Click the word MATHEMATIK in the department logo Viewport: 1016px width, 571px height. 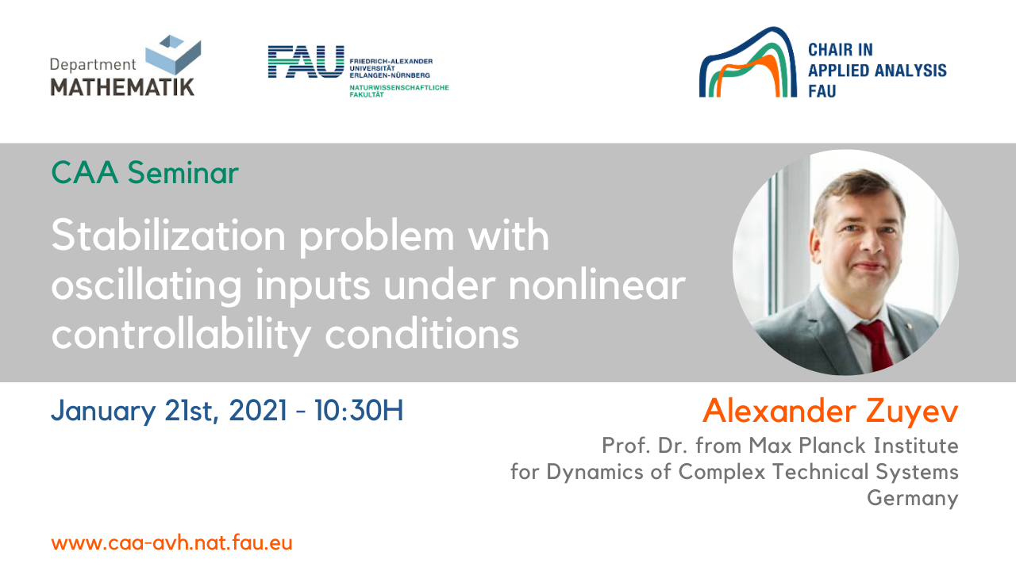122,86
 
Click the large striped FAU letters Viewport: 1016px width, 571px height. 306,62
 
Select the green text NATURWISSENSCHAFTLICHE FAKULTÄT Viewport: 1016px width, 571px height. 398,90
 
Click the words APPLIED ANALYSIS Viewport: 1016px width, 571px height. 877,71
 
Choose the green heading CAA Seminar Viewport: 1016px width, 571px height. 144,173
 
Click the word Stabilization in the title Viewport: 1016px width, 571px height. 168,235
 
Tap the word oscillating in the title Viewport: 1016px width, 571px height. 146,286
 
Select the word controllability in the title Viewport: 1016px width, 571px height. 181,335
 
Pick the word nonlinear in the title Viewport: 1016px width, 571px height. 597,285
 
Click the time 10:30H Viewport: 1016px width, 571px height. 359,411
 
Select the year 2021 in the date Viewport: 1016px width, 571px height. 258,411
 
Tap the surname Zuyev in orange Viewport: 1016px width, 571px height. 912,412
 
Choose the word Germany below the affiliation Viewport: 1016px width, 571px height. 913,499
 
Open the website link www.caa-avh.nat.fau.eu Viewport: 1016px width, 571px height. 171,543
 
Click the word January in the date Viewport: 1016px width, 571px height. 103,412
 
